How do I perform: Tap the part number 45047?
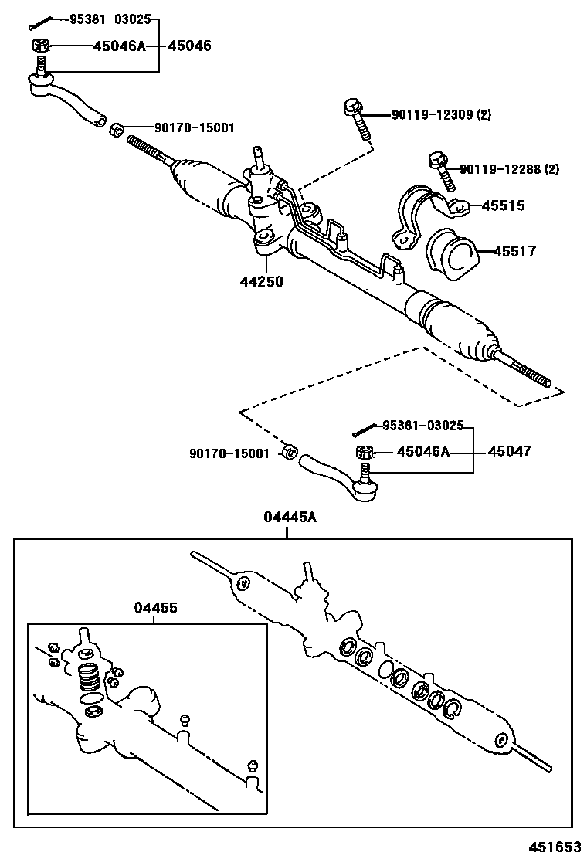tap(509, 451)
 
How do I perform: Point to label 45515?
tap(503, 205)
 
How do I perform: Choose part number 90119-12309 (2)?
tap(440, 115)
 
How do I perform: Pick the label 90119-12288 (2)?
tap(509, 168)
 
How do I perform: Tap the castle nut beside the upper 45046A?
tap(41, 45)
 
